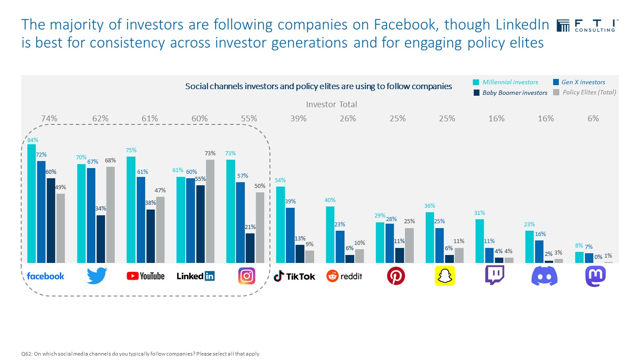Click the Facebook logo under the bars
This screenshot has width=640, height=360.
coord(45,276)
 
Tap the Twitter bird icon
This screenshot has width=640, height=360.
coord(97,276)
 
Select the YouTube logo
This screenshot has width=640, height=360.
coord(146,276)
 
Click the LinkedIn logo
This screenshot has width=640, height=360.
coord(195,276)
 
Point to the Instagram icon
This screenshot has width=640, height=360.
coord(247,276)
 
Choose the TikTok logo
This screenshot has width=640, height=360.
coord(295,276)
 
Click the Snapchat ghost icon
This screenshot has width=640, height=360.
coord(445,276)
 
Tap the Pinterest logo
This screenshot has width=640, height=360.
coord(396,276)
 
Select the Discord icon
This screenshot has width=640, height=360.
coord(544,276)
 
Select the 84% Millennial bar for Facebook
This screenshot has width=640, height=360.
coord(31,203)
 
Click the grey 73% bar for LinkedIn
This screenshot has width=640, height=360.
coord(210,211)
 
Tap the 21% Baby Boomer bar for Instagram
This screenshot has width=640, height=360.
coord(250,248)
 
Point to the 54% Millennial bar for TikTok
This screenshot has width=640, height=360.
coord(280,225)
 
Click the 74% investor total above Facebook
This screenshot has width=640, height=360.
coord(49,118)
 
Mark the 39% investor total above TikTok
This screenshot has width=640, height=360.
coord(298,118)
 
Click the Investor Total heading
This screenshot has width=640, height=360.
coord(331,105)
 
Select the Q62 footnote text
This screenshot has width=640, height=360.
coord(141,353)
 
